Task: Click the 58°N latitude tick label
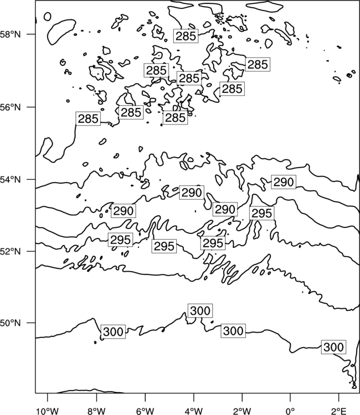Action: (10, 34)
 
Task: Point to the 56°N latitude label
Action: (10, 107)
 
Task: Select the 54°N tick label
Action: (10, 179)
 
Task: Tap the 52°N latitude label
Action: (10, 251)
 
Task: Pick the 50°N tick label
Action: (10, 323)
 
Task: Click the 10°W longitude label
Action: (47, 411)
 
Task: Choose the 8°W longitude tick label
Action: (96, 411)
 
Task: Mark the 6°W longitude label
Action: (145, 411)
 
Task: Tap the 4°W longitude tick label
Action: (194, 411)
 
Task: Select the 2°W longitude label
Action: (242, 411)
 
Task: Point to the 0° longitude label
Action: (291, 411)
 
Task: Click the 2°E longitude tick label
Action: (339, 411)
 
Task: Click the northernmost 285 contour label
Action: (186, 36)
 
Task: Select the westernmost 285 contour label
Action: (88, 118)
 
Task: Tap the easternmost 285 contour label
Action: (258, 64)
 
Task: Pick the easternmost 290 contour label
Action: (284, 182)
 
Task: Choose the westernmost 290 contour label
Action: (123, 211)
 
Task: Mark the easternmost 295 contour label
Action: (262, 213)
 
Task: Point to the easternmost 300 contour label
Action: (333, 347)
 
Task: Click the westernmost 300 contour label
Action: (113, 331)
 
